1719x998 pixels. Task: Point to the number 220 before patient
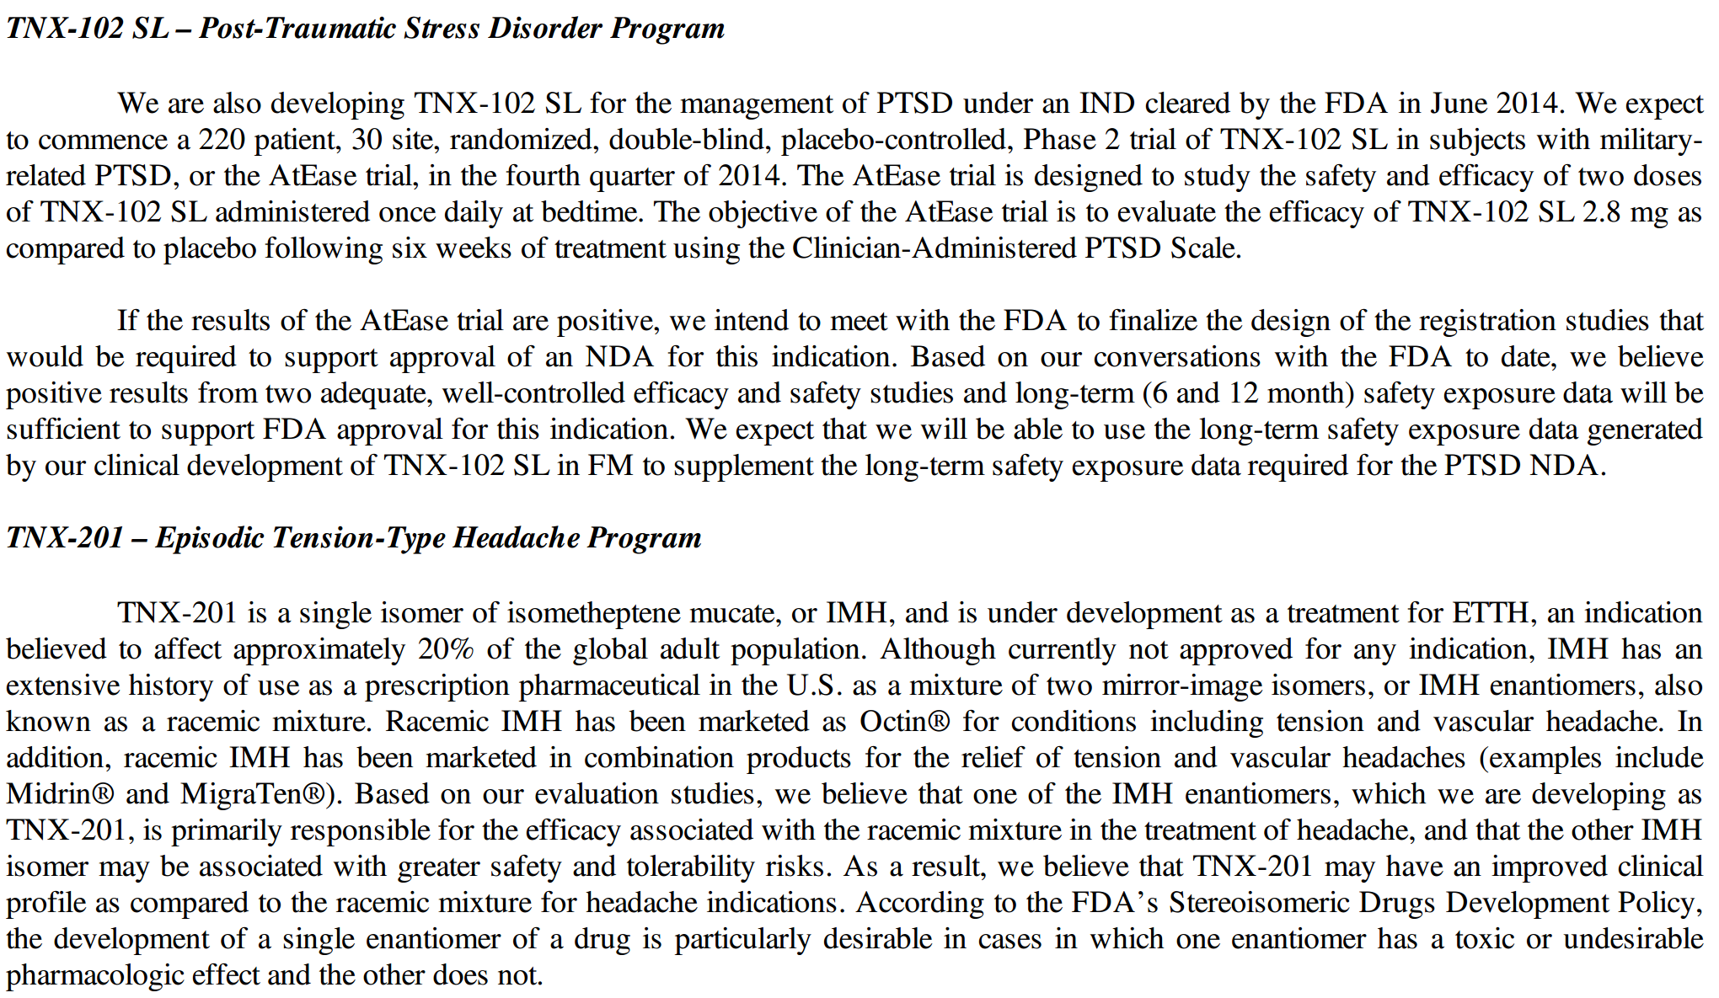[x=222, y=140]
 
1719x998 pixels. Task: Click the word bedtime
[x=591, y=212]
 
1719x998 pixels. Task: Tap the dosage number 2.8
[x=1600, y=212]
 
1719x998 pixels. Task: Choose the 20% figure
[x=446, y=649]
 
